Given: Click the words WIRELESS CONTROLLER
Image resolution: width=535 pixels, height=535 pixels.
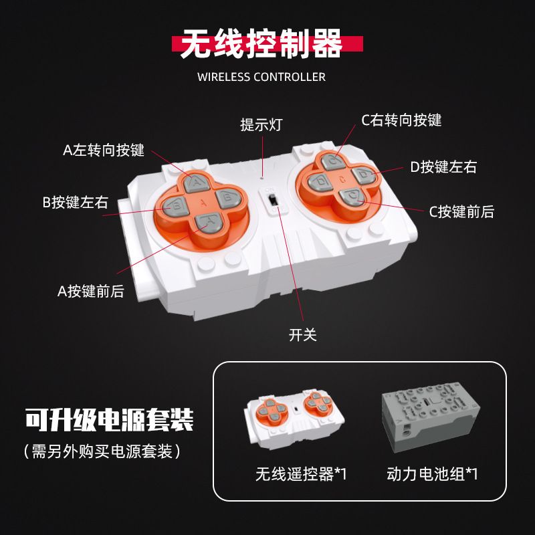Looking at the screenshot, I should pos(261,77).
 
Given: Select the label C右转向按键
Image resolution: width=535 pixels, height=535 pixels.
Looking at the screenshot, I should pos(401,120).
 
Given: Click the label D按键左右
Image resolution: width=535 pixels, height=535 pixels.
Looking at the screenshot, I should pos(443,167).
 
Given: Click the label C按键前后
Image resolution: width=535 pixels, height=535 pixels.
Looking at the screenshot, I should pos(461,212).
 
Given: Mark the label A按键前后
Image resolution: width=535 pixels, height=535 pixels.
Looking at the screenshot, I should pos(91,292).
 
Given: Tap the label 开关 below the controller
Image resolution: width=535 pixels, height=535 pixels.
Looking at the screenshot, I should pos(302,335).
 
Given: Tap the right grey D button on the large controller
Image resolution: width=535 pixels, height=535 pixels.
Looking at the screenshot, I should pos(362,176).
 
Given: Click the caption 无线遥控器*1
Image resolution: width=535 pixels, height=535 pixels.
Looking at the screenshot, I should pos(300,475).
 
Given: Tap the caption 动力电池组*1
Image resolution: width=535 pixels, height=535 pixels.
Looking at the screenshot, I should pos(432,475).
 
